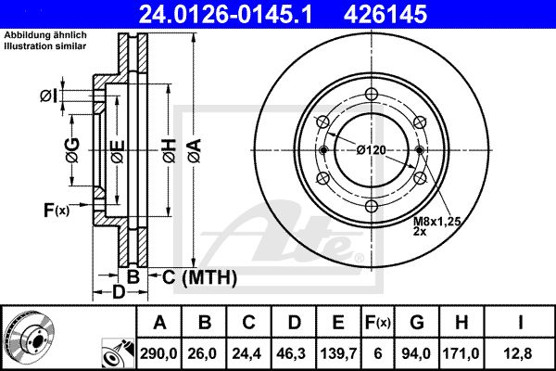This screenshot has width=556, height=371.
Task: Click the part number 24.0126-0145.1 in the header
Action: coord(225,15)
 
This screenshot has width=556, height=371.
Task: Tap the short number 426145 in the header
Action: coord(385,15)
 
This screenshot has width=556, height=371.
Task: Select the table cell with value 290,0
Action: coord(158,353)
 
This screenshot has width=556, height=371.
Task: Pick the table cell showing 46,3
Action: coord(294,353)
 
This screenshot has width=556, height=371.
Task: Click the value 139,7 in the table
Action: coord(338,353)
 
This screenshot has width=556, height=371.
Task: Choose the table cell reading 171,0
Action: coord(461,353)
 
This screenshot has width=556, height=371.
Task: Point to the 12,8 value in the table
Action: coord(520,353)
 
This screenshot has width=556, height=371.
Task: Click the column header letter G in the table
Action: coord(417,323)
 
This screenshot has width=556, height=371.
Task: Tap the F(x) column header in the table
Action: coord(378,323)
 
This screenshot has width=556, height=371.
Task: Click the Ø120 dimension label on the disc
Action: coord(371,150)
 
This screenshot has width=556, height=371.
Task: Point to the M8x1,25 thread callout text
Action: coord(436,222)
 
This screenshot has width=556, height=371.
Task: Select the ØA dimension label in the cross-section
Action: coord(195,150)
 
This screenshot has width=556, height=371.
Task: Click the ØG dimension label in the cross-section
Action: coord(72,150)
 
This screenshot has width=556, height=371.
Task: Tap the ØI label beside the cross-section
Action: coord(48,96)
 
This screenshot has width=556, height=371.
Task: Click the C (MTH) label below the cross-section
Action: coord(199,277)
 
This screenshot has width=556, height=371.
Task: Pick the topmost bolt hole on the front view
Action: coord(372,95)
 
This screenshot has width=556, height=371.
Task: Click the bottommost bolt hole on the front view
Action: coord(372,206)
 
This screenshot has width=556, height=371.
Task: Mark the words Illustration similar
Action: coord(45,46)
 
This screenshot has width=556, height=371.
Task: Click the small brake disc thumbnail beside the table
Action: coord(31,338)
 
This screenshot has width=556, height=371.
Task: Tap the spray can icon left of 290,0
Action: coord(119,353)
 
